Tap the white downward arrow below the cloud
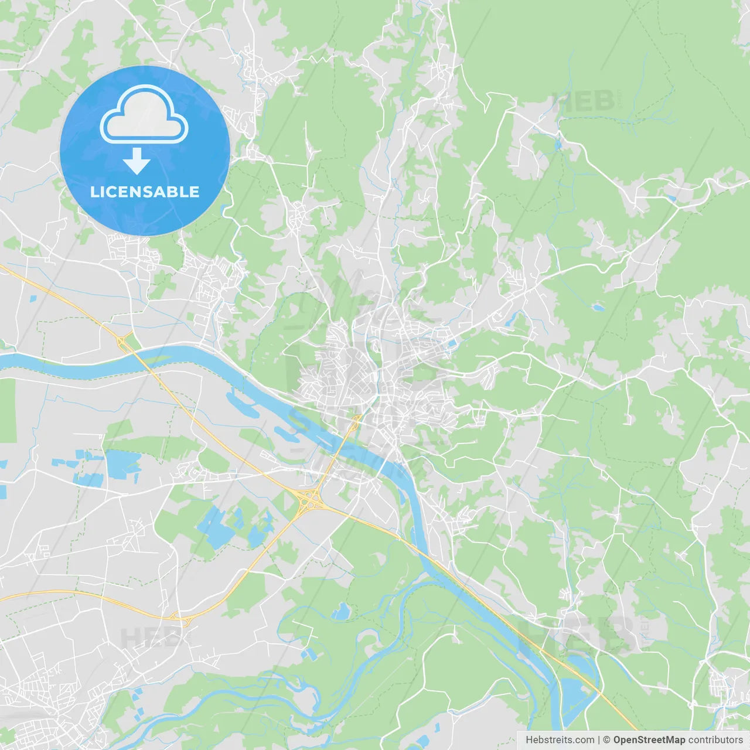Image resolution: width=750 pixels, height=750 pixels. tap(137, 161)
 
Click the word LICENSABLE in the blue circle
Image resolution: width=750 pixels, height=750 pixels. tap(145, 192)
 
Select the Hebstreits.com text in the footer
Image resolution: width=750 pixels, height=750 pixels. tap(560, 740)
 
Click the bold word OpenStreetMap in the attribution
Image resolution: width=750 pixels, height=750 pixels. tap(649, 740)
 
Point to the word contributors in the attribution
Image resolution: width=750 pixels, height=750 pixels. tap(715, 740)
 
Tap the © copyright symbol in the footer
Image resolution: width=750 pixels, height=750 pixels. tap(606, 740)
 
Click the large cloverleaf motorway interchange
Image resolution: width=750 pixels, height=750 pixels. tap(309, 500)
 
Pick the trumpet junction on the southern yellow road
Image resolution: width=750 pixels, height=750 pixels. tap(179, 616)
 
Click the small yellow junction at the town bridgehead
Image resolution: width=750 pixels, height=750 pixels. tap(356, 418)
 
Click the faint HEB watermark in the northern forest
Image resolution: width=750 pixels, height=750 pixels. tap(583, 101)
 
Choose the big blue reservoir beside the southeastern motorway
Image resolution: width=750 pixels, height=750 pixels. tap(574, 691)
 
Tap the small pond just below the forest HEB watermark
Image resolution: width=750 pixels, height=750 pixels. tap(557, 144)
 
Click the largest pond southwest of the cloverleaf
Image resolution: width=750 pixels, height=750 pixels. tap(211, 527)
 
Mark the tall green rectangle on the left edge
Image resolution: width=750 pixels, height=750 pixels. tap(8, 410)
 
